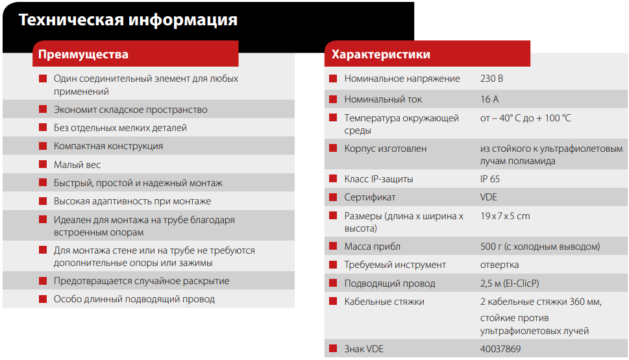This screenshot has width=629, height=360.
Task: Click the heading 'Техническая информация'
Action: click(x=128, y=20)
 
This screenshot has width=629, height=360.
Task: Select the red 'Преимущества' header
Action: click(x=83, y=54)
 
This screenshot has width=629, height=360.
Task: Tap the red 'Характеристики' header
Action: click(x=380, y=54)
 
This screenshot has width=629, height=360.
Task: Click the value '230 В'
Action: click(x=491, y=78)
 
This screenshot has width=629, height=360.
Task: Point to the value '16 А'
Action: click(x=489, y=99)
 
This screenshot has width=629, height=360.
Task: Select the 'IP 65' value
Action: click(x=490, y=179)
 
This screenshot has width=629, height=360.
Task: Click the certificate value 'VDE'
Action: click(x=489, y=197)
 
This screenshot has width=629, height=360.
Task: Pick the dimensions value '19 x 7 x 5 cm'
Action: click(x=505, y=216)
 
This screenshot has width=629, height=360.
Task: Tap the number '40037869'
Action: click(x=500, y=349)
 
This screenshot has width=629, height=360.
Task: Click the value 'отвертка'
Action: click(x=499, y=265)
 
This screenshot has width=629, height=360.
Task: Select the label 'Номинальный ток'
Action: click(x=383, y=99)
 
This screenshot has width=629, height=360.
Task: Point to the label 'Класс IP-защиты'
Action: click(x=378, y=179)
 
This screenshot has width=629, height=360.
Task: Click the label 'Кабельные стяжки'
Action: click(x=384, y=302)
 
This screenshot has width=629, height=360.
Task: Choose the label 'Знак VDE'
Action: click(x=364, y=349)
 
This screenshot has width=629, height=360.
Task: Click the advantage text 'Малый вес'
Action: click(x=77, y=165)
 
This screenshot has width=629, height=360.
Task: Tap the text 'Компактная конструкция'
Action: click(x=108, y=146)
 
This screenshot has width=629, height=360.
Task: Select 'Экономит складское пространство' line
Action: click(x=130, y=110)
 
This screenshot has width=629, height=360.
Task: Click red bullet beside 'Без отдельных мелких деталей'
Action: click(x=43, y=128)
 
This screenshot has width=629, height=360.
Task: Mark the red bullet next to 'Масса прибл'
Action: click(x=333, y=246)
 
